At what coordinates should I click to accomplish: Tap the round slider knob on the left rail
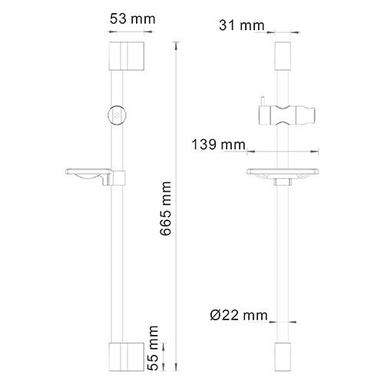click(x=115, y=113)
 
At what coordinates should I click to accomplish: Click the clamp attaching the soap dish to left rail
click(x=117, y=179)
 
